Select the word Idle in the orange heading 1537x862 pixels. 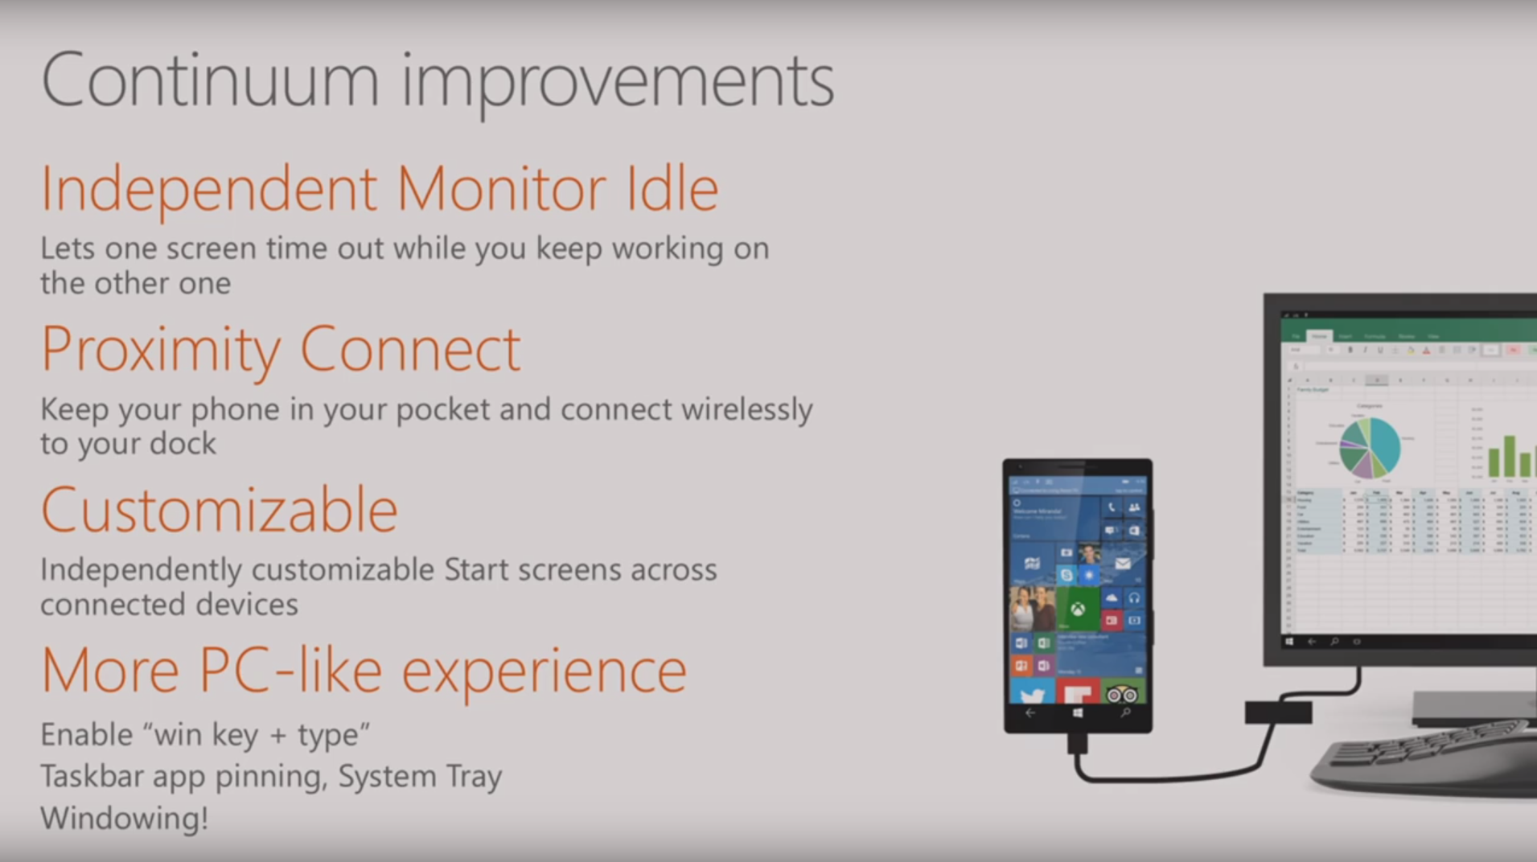click(672, 189)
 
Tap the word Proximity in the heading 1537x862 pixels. click(161, 351)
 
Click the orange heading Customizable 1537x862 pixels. click(219, 511)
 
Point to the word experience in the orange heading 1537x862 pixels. click(544, 672)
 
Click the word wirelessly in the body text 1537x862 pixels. click(746, 410)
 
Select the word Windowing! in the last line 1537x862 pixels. click(124, 819)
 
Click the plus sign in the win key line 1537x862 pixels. click(278, 735)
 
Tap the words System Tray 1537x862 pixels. click(420, 777)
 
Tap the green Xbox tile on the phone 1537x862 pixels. click(1077, 609)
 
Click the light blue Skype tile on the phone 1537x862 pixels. click(1066, 575)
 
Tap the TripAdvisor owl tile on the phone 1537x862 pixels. click(1122, 692)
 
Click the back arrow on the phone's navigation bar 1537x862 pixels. click(1030, 713)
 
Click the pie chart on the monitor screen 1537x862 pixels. click(1369, 448)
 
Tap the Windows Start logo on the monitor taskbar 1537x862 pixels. click(1289, 642)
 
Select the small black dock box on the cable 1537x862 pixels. click(1278, 712)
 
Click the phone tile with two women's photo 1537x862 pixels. click(1032, 609)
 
